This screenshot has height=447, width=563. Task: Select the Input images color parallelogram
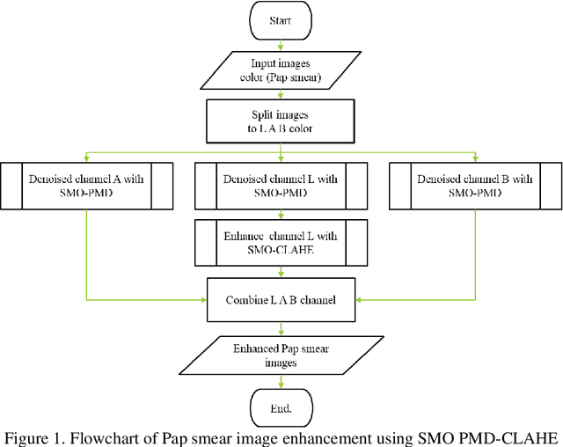click(x=281, y=70)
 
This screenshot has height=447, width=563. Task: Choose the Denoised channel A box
click(x=88, y=186)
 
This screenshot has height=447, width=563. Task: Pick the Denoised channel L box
click(x=281, y=186)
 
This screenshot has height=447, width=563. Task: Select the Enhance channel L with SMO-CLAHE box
click(x=281, y=238)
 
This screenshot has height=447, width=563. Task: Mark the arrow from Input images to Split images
click(x=281, y=94)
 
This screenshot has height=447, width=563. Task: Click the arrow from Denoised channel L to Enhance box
click(x=281, y=215)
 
